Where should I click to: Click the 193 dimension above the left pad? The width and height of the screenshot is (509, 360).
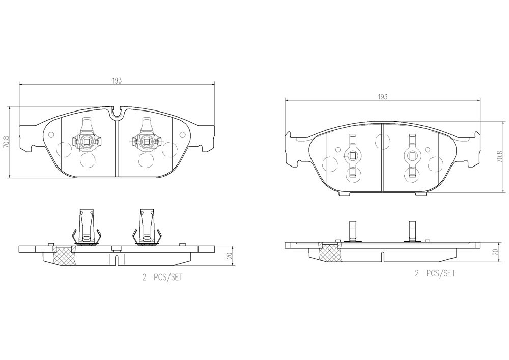117,81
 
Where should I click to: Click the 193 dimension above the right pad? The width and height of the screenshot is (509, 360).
383,96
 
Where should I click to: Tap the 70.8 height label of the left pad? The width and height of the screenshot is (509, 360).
6,142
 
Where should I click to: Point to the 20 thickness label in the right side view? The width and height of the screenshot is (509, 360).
495,252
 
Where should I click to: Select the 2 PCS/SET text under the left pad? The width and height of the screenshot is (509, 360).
162,278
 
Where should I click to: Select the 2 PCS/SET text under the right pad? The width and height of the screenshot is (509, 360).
435,273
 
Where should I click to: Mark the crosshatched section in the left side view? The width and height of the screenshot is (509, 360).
64,256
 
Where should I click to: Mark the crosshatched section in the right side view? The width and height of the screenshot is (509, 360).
330,252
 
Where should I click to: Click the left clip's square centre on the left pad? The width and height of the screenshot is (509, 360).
87,141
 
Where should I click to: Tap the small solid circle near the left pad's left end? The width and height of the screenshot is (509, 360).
51,135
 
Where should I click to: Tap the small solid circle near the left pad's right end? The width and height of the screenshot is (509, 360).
182,135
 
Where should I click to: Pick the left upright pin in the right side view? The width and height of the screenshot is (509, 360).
353,231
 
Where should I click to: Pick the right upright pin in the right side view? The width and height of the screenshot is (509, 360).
412,231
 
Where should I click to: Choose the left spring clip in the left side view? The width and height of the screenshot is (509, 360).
85,227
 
